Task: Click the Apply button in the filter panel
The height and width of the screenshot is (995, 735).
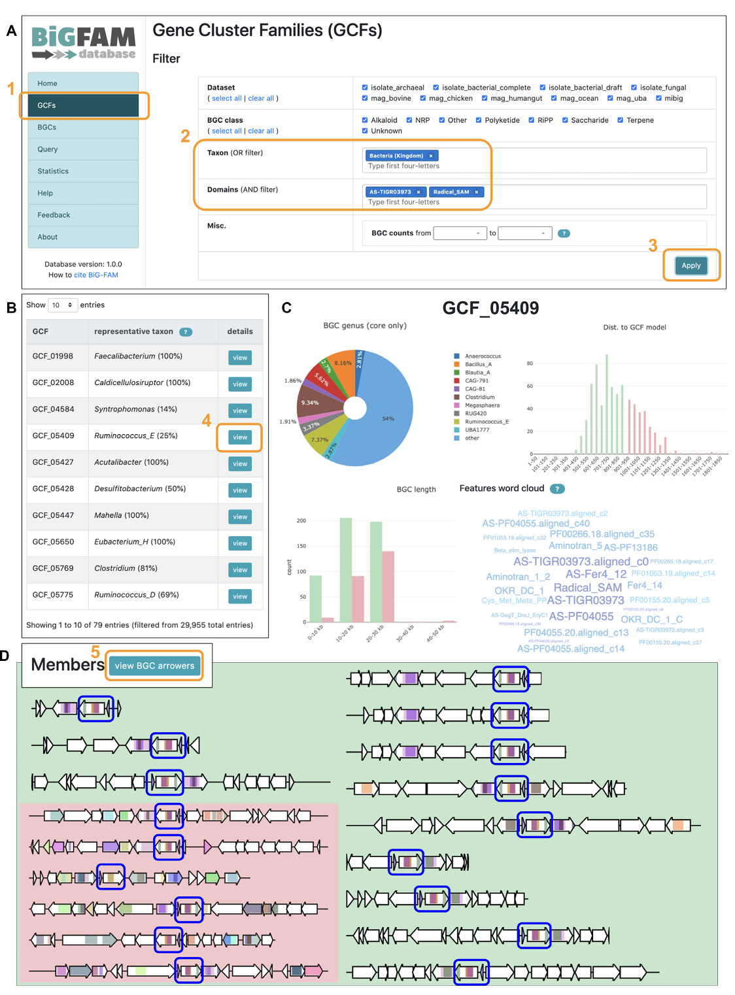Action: tap(691, 265)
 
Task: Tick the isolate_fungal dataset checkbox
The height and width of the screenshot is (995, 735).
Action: tap(634, 88)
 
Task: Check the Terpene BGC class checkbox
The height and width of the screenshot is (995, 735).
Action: tap(620, 120)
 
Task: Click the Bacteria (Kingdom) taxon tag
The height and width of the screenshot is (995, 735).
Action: tap(396, 156)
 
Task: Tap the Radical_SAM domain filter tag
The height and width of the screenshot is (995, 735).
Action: tap(451, 192)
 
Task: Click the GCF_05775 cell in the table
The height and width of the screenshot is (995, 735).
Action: tap(53, 595)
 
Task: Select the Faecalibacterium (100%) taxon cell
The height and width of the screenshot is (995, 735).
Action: tap(138, 356)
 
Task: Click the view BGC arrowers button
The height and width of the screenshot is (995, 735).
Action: tap(154, 666)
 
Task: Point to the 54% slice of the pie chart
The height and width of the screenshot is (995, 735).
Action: tap(388, 418)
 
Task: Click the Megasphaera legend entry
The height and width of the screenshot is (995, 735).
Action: tap(482, 405)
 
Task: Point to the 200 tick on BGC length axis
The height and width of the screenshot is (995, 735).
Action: tap(301, 521)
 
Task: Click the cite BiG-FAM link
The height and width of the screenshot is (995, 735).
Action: tap(95, 275)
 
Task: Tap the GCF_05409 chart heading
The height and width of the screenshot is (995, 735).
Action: tap(490, 308)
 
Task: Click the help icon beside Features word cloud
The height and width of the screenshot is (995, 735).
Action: tap(557, 489)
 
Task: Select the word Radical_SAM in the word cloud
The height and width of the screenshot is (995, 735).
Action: tap(587, 588)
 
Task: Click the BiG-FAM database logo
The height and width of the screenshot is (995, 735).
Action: tap(83, 43)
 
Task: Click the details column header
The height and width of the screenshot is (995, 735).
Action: tap(240, 331)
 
